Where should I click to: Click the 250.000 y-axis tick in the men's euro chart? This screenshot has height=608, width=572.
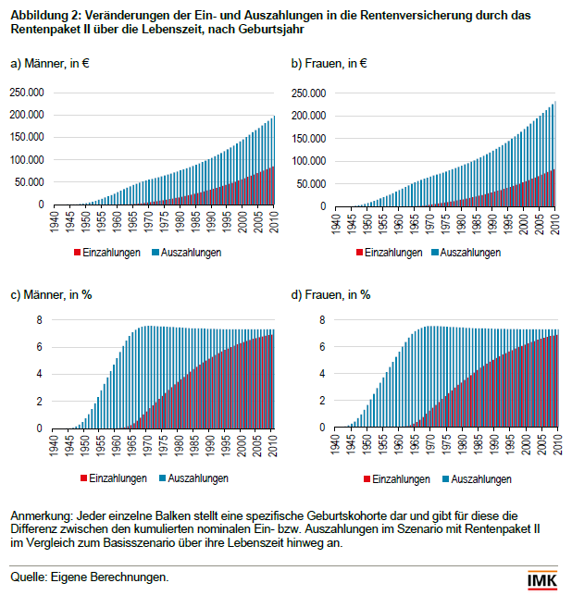pos(26,93)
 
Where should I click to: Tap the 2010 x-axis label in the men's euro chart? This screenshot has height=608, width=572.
pos(273,221)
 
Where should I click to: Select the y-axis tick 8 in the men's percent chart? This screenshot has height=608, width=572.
pos(40,320)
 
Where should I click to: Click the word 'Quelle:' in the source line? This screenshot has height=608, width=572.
pos(30,577)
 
